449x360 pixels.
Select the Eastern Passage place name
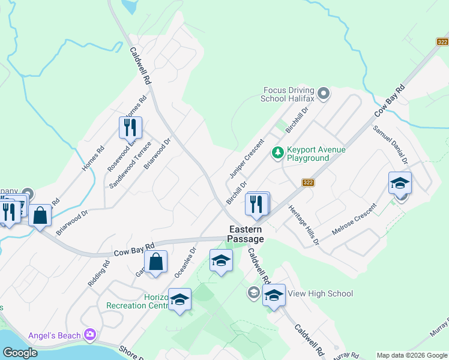(x=245, y=234)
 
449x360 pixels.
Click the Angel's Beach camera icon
(x=90, y=334)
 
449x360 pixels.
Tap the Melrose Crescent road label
(x=355, y=220)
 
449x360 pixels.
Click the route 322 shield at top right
(x=442, y=41)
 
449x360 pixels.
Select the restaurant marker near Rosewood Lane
(x=130, y=127)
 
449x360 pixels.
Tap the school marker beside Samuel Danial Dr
(x=400, y=183)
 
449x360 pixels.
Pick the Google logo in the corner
(x=20, y=353)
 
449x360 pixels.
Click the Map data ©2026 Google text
(x=411, y=355)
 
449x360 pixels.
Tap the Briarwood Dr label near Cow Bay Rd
(x=72, y=222)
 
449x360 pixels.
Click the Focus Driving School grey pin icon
(x=324, y=93)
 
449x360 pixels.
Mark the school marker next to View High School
(x=274, y=295)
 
